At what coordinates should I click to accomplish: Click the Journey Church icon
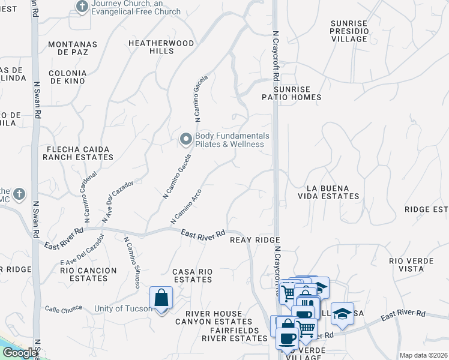click(82, 7)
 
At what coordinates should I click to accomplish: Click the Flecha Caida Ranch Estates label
click(78, 153)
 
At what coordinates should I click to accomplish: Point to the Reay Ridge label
click(256, 239)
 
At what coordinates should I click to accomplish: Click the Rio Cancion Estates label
click(88, 274)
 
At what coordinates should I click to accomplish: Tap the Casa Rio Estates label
click(192, 275)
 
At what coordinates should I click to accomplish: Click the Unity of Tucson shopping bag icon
click(161, 298)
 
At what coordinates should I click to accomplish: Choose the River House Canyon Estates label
click(214, 317)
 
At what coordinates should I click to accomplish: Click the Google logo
click(20, 353)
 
